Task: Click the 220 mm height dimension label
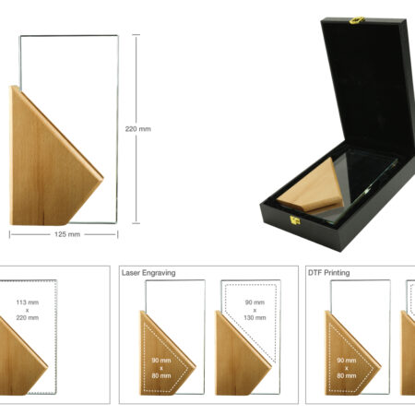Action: pos(138,129)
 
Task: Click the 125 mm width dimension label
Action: pos(67,234)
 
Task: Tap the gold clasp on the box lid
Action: pos(357,20)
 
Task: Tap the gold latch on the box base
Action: pos(295,219)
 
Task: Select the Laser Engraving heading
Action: pos(148,273)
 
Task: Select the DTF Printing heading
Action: pos(329,273)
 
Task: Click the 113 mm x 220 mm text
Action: pos(28,310)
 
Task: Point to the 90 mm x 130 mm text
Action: pos(255,310)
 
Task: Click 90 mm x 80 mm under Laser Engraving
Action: pos(161,368)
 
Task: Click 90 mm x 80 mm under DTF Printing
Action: pos(347,368)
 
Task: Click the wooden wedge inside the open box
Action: pos(312,187)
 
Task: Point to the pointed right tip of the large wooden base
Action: pos(103,178)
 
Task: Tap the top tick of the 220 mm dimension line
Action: pos(136,35)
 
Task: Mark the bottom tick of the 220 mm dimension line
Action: pos(136,223)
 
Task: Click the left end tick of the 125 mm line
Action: pos(9,235)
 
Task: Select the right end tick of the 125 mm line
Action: pos(117,235)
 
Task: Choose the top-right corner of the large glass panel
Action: pos(118,35)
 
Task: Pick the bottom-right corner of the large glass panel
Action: pos(116,223)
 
